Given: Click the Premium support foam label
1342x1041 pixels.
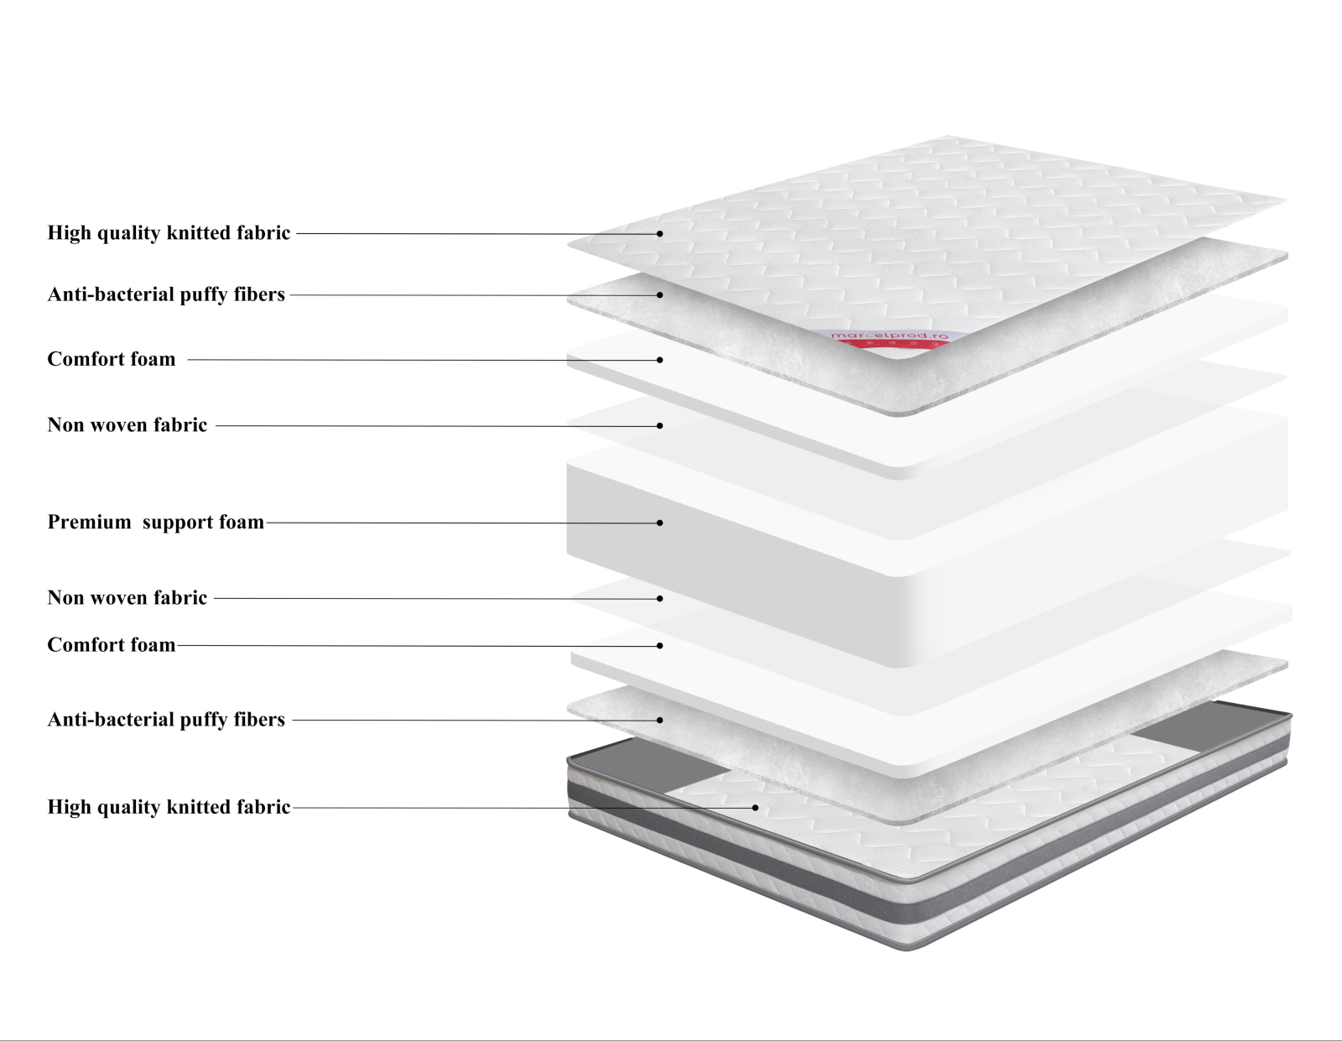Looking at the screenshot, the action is pos(156,523).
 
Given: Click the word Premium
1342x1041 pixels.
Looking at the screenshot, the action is pos(89,523).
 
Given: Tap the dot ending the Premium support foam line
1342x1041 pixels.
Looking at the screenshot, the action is pos(660,523).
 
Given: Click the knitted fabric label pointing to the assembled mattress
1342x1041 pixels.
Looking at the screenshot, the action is pos(169,807).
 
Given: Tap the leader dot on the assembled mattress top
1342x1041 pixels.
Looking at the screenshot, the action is pos(755,808).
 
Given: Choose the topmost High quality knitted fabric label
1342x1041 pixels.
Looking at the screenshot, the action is pos(169,233).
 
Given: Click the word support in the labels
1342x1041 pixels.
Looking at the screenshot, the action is pos(178,523).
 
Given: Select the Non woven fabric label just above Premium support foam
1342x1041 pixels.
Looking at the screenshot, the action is pos(127,425).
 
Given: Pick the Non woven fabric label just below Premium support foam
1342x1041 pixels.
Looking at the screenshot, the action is pos(127,598).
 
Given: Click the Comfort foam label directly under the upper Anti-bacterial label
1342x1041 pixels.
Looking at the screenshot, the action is pos(112,360).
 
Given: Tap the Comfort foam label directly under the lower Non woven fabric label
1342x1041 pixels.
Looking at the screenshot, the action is pos(112,645).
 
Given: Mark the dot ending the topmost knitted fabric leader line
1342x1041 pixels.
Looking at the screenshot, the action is pos(660,233).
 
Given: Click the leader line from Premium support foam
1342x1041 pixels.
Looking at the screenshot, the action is pos(461,523).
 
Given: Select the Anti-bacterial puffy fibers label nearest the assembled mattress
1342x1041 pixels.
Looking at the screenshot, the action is pos(166,720).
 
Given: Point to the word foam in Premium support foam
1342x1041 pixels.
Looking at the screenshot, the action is pos(242,523).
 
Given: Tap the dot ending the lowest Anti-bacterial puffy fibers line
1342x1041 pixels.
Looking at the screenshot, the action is pos(660,720).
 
